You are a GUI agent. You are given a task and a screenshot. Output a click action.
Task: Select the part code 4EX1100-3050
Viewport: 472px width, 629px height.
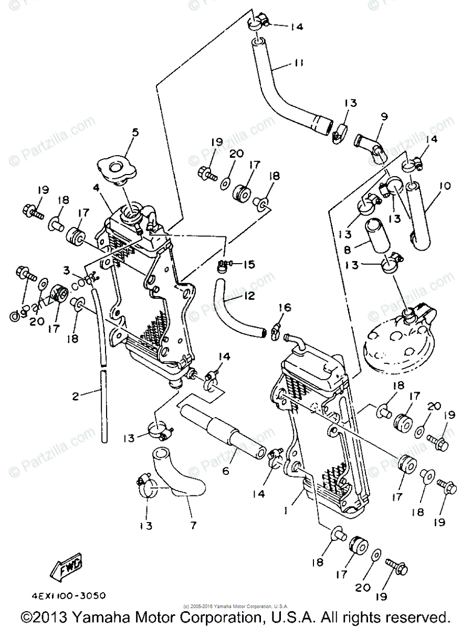[x=68, y=596]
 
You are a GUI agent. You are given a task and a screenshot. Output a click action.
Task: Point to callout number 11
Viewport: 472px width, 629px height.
[x=298, y=63]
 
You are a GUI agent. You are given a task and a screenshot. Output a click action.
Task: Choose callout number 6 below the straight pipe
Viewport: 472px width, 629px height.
[x=226, y=471]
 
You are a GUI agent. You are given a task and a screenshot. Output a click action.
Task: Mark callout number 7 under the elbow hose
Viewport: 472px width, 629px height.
[x=193, y=525]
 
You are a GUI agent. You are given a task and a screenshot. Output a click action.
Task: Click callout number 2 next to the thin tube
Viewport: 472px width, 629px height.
[x=76, y=397]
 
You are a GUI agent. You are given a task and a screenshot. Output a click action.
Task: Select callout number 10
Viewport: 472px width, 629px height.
[x=445, y=186]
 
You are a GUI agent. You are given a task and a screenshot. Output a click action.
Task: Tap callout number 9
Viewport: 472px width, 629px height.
[x=384, y=117]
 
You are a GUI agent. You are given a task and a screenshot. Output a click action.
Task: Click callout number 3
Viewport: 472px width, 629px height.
[x=67, y=270]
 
